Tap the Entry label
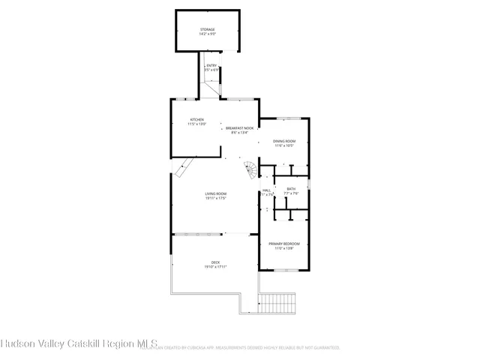click(x=211, y=66)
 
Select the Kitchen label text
click(x=196, y=120)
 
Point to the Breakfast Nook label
click(x=239, y=128)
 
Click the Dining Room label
click(x=283, y=141)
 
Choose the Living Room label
click(x=216, y=194)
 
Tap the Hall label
click(x=266, y=190)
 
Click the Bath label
click(x=290, y=189)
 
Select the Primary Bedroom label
click(x=284, y=244)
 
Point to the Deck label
click(x=215, y=262)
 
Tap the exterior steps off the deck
click(x=280, y=303)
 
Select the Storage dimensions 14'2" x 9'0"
click(x=207, y=34)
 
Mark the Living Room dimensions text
click(x=216, y=199)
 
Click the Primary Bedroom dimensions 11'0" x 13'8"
click(x=284, y=248)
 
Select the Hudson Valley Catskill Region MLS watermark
click(x=79, y=343)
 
